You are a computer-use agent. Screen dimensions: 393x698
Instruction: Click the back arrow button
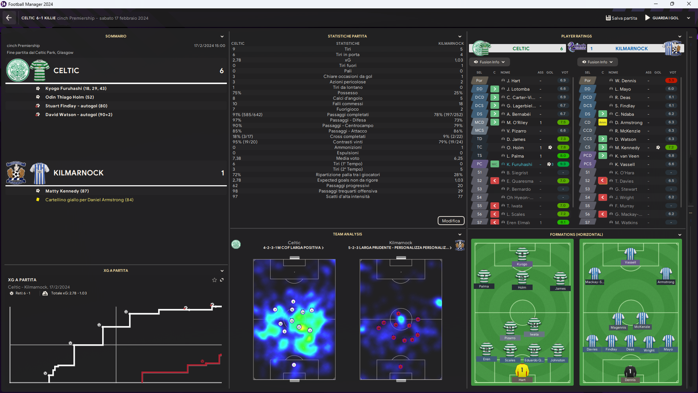[x=9, y=18]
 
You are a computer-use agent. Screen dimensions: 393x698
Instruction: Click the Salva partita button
[x=621, y=18]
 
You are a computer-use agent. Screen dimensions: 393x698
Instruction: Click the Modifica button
[x=450, y=221]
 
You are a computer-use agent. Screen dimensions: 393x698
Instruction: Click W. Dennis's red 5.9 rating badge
[x=671, y=80]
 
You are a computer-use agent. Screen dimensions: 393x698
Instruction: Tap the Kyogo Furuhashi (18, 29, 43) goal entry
[x=76, y=88]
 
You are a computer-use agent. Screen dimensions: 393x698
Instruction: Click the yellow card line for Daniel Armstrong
[x=89, y=200]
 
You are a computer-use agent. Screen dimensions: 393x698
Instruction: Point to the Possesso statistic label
[x=348, y=93]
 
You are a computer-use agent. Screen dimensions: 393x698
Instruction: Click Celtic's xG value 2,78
[x=237, y=60]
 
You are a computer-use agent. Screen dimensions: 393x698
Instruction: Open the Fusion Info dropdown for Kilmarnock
[x=597, y=62]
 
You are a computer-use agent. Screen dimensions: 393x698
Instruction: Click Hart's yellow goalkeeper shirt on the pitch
[x=522, y=370]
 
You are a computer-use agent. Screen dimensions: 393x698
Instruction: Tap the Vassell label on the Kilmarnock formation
[x=630, y=262]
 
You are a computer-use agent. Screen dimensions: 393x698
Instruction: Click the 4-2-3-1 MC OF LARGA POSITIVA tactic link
[x=293, y=248]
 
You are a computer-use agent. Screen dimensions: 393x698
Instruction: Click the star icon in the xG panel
[x=214, y=280]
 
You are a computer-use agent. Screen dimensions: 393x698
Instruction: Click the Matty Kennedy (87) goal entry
[x=67, y=191]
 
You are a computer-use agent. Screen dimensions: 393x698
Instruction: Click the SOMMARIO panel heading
[x=116, y=36]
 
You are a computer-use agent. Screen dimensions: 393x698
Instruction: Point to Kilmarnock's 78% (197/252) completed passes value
[x=448, y=115]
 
